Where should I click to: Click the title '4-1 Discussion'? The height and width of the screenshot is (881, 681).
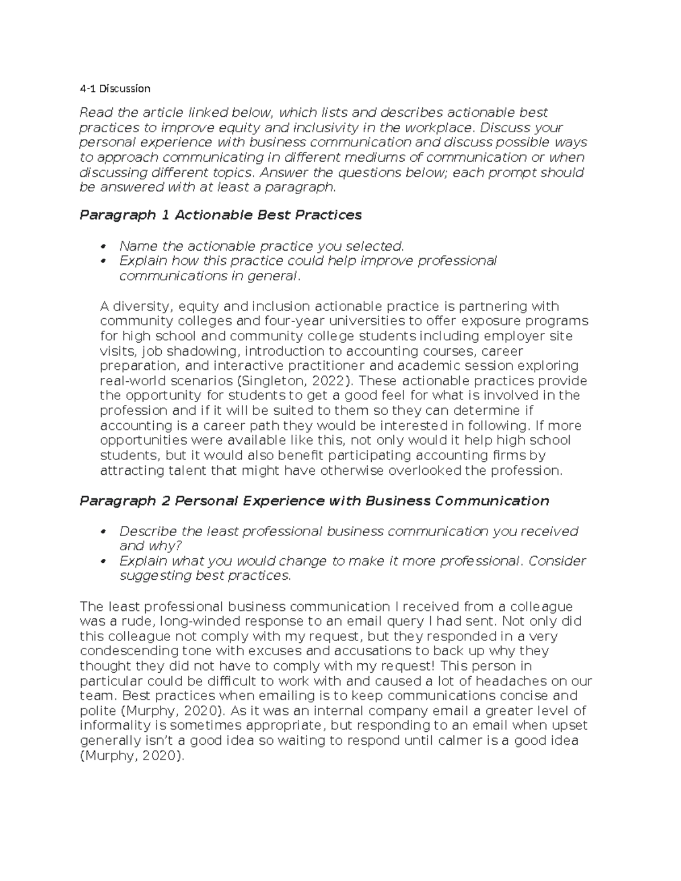pyautogui.click(x=115, y=88)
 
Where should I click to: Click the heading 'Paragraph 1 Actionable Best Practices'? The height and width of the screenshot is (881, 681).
pyautogui.click(x=220, y=215)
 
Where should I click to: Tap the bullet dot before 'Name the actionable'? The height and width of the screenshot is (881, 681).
pyautogui.click(x=103, y=247)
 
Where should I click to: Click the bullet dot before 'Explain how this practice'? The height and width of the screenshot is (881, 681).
pyautogui.click(x=103, y=262)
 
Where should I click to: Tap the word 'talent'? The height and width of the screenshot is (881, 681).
pyautogui.click(x=186, y=470)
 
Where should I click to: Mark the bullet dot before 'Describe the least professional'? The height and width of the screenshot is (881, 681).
pyautogui.click(x=103, y=532)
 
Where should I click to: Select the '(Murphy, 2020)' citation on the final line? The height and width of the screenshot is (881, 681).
pyautogui.click(x=132, y=756)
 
